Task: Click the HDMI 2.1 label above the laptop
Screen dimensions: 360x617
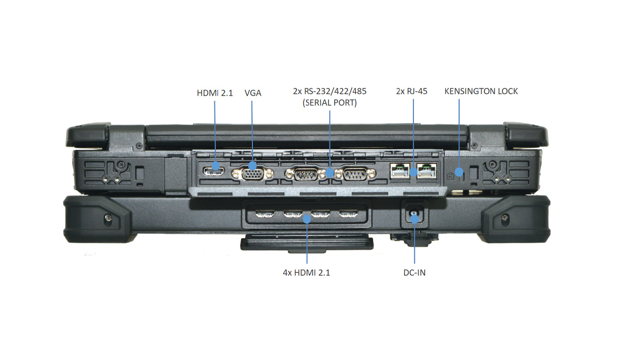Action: (x=214, y=93)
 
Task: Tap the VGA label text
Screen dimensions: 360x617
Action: (x=253, y=93)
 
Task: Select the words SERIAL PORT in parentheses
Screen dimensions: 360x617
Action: (x=330, y=103)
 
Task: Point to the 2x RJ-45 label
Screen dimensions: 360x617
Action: (x=411, y=92)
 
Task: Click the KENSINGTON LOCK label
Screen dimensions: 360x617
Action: (x=481, y=92)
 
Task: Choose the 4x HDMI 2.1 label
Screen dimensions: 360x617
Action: (x=306, y=273)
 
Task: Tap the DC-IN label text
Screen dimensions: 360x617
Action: (x=414, y=273)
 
